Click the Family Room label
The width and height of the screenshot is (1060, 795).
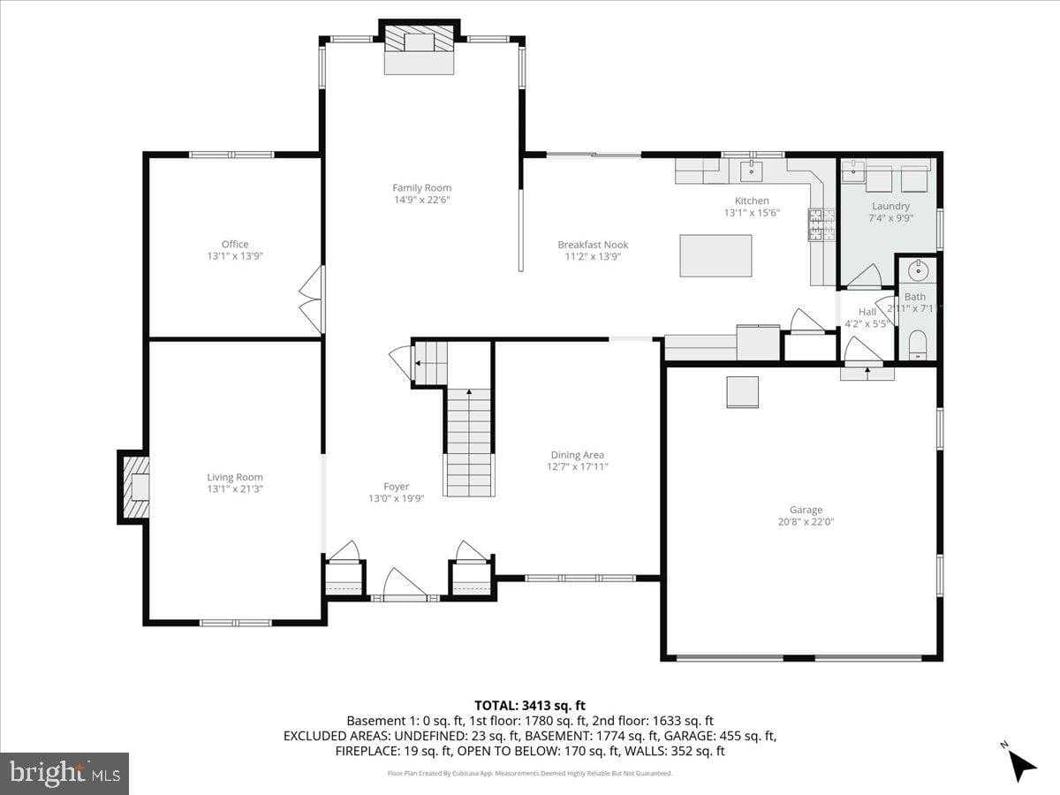click(421, 187)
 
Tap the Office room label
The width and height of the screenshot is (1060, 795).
click(235, 244)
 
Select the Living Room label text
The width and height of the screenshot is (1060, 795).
click(235, 477)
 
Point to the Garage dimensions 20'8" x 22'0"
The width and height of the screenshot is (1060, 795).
click(806, 522)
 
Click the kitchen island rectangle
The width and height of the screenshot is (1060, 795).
click(715, 255)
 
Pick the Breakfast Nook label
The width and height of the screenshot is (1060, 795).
click(593, 245)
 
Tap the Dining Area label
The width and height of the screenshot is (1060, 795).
click(578, 455)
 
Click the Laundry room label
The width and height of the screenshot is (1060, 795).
click(890, 206)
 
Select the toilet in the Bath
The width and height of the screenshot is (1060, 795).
click(917, 344)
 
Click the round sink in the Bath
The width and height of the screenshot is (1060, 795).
click(916, 269)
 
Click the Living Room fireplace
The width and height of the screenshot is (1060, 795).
click(134, 487)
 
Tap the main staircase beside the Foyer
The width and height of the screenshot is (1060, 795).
click(469, 442)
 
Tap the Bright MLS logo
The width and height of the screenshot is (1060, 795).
click(64, 774)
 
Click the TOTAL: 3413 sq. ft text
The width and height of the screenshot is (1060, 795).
click(530, 705)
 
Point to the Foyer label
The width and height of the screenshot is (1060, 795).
click(396, 487)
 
